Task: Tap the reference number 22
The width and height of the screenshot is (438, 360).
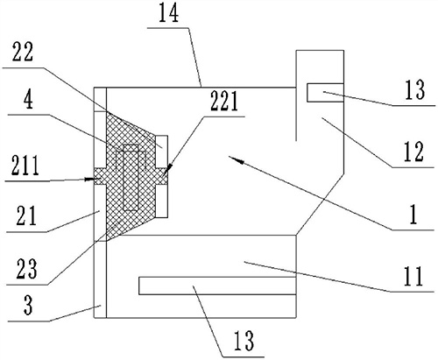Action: tap(23, 52)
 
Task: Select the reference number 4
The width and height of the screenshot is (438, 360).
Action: tap(28, 100)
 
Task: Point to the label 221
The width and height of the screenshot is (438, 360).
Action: tap(224, 102)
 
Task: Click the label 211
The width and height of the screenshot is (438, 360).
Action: tap(25, 166)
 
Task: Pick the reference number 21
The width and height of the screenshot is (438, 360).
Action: tap(26, 216)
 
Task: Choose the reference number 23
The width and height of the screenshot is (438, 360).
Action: tap(26, 268)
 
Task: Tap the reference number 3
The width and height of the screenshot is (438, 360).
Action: tap(28, 306)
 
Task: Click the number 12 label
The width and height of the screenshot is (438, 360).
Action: tap(413, 152)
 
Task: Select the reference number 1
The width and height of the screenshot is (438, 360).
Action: tap(413, 215)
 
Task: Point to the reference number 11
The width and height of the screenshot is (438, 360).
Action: tap(413, 277)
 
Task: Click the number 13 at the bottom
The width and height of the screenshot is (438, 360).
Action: tap(244, 341)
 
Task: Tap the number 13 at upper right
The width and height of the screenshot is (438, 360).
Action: tap(414, 89)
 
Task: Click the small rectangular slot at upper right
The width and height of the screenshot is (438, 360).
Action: tap(325, 93)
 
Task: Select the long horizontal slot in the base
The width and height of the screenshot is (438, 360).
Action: tap(217, 286)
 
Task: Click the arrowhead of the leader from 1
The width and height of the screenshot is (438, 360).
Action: tap(234, 159)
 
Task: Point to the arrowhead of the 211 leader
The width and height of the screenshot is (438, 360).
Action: tap(90, 179)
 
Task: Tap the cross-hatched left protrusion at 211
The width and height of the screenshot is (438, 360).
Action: tap(101, 176)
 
